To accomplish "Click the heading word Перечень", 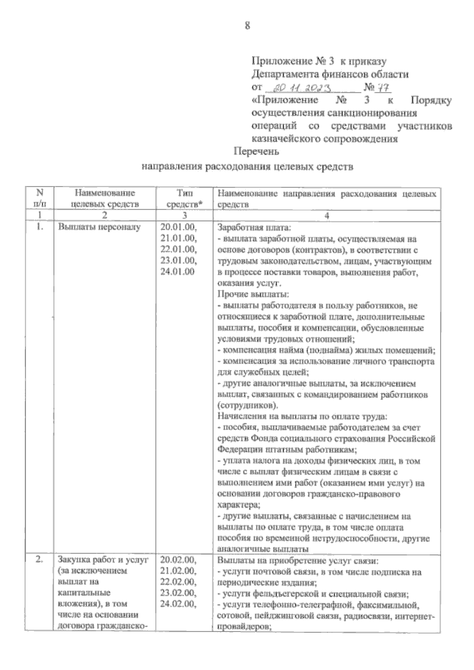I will tap(256, 151).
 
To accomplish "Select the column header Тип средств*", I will tap(184, 199).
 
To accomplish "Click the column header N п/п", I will tap(39, 199).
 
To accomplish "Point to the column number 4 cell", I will tap(326, 216).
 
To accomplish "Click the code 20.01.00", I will tap(178, 227).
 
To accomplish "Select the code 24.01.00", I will tap(177, 272).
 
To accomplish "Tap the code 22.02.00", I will tap(178, 582).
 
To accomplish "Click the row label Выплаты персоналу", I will tap(99, 227).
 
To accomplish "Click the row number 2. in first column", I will tap(39, 559).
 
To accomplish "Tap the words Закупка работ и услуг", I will tap(103, 559).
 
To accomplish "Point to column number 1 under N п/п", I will tap(39, 216).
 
